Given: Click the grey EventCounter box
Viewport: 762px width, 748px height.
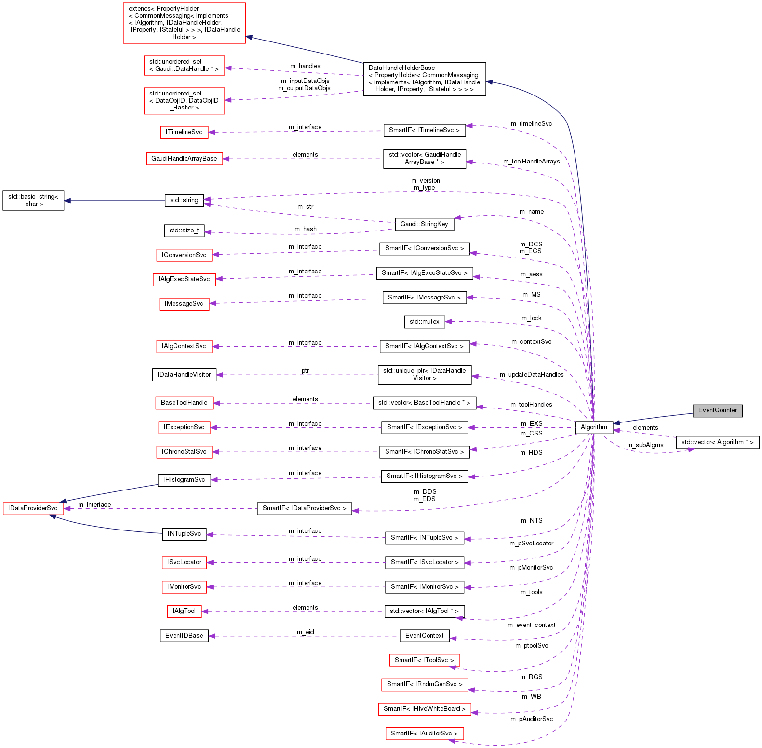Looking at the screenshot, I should [717, 410].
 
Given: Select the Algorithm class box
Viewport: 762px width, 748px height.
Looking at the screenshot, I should [594, 427].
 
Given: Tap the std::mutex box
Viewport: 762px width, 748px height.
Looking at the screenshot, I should [424, 322].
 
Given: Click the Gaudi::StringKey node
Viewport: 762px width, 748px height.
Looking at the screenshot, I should [424, 224].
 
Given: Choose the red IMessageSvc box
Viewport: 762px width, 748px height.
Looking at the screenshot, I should [184, 304].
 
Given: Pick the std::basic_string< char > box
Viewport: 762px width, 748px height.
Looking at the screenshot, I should [33, 201].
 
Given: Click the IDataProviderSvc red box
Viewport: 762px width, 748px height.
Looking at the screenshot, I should [33, 508].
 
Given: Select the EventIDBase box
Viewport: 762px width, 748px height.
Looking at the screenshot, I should [184, 636].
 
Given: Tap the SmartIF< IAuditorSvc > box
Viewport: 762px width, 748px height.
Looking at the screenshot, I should [424, 734].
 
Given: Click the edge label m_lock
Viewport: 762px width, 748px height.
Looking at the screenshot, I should [531, 318].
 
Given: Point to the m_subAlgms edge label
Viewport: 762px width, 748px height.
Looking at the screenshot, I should [645, 445].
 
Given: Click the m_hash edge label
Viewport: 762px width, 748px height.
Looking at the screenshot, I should [306, 229].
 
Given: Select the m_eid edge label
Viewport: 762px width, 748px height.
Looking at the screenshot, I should [306, 632].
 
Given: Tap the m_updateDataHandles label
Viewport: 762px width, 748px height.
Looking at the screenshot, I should [532, 375].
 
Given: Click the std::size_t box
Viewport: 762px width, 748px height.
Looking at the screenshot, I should [184, 231].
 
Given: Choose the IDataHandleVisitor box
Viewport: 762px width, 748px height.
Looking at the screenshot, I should [184, 375].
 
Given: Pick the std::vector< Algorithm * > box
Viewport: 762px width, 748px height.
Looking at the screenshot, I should [717, 442].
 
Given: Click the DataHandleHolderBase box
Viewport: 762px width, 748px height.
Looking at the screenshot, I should [424, 79].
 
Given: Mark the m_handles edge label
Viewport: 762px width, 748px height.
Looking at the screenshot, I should [305, 66].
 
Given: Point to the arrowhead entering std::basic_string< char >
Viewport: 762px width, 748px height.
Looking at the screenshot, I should [68, 201].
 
